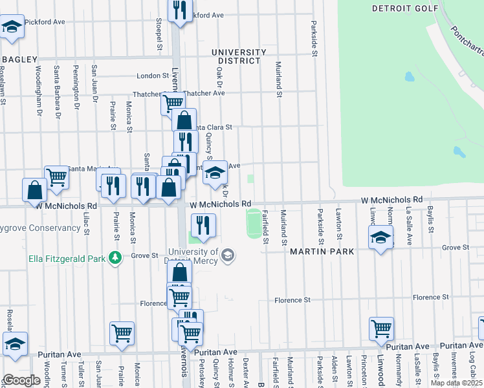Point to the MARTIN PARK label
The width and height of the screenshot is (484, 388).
pos(322,252)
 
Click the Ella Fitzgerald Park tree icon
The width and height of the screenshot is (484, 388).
pos(115,258)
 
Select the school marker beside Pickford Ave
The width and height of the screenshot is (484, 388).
pos(11,27)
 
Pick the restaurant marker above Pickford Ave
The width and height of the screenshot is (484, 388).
pos(180,9)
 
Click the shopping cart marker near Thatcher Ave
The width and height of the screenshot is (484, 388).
pos(173,102)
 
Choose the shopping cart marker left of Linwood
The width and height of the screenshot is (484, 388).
pos(381,328)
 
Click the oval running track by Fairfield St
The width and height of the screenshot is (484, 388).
pos(254,222)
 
